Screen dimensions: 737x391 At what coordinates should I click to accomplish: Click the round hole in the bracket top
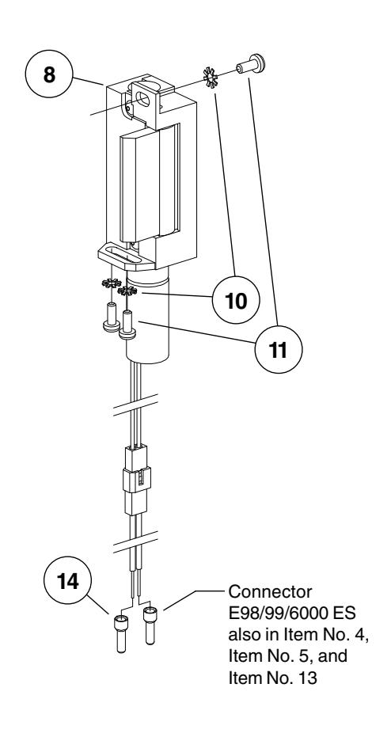pyautogui.click(x=146, y=101)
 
